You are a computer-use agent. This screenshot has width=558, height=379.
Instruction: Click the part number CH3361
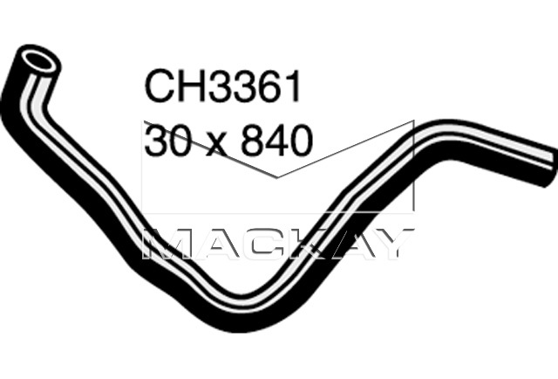coord(222,86)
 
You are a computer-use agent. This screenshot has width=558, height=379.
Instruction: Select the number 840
coord(276,140)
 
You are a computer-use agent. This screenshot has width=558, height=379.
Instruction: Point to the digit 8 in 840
coord(250,140)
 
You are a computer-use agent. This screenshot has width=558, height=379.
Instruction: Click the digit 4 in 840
coord(276,140)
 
